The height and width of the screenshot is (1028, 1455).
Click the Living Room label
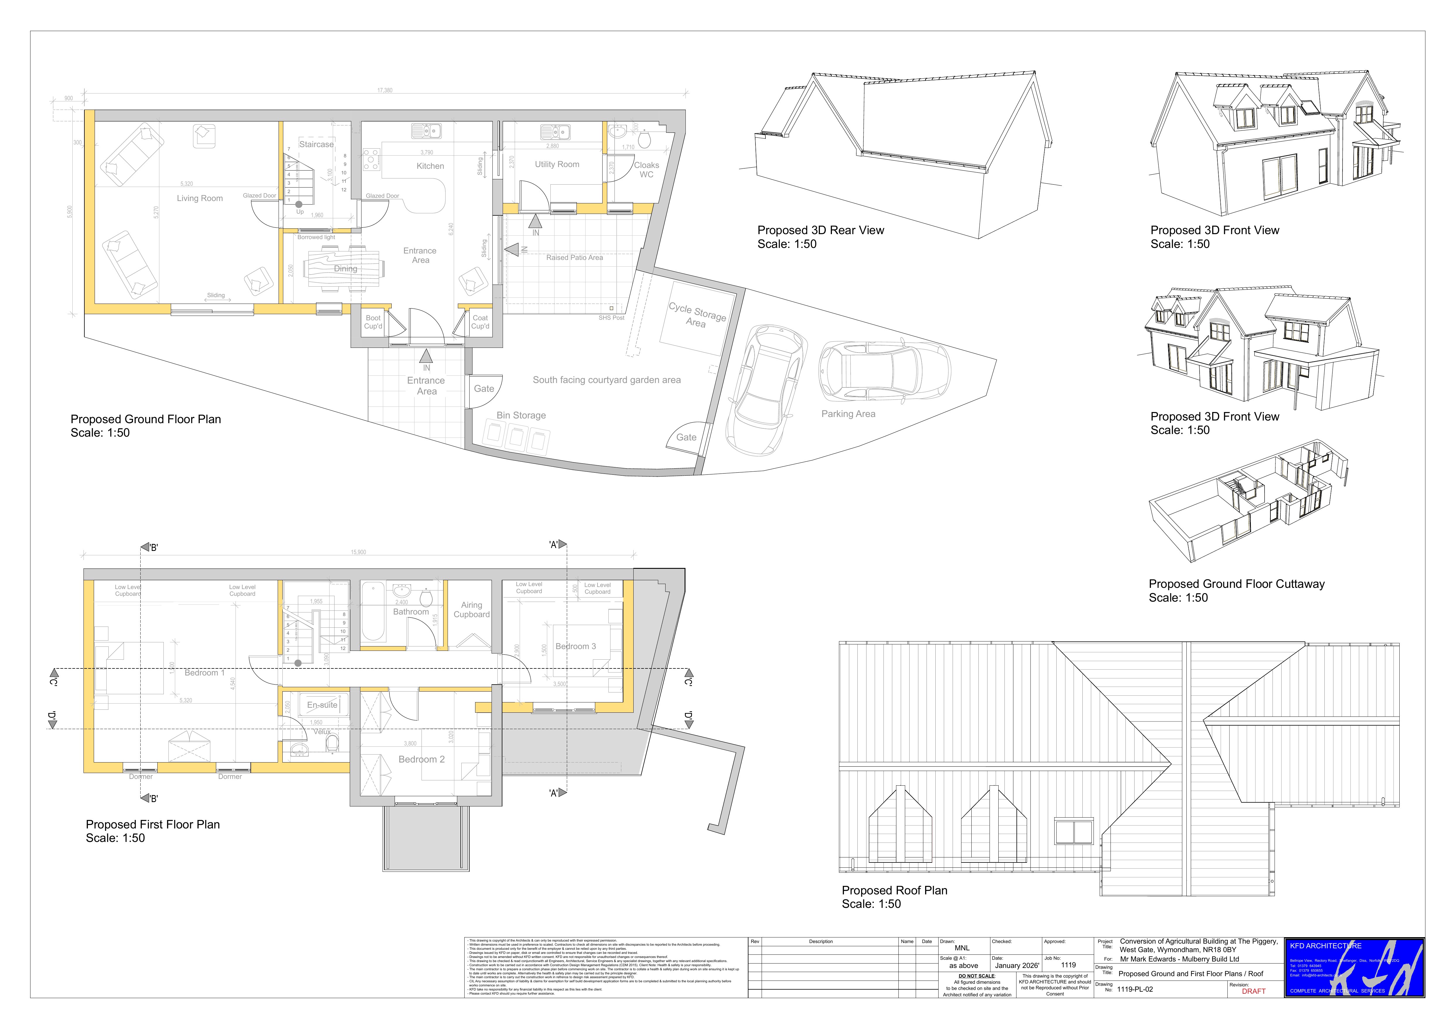199,198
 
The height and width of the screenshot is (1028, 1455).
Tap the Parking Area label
848,414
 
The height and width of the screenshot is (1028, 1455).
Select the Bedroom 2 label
422,759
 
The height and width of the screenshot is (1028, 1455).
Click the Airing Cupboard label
472,610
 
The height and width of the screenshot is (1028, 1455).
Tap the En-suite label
322,705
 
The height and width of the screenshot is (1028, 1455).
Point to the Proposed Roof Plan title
894,891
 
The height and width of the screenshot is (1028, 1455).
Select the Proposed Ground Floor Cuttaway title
1236,584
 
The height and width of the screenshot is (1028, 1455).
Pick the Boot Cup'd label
373,322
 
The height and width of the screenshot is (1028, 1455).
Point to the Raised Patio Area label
574,257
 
